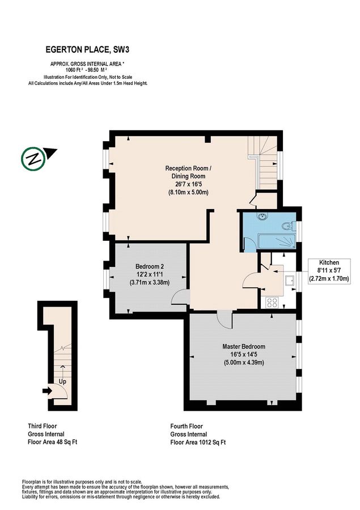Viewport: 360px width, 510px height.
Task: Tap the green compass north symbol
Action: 33,158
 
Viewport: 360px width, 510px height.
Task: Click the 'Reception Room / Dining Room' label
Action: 188,172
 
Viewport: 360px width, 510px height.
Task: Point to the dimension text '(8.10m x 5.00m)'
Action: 188,192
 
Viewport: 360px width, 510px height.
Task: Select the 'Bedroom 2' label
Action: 150,266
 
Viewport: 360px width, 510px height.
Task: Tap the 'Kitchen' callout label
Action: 328,263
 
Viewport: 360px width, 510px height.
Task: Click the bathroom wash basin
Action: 262,216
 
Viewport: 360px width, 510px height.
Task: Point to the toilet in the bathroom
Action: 289,227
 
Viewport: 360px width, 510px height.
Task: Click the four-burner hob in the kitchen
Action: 271,302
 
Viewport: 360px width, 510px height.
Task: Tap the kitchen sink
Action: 289,279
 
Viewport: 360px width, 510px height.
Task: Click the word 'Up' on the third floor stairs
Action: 63,382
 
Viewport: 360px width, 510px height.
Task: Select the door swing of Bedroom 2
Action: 181,296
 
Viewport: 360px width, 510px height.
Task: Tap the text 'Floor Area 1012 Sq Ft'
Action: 198,442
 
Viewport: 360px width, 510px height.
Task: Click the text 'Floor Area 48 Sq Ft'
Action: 53,442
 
